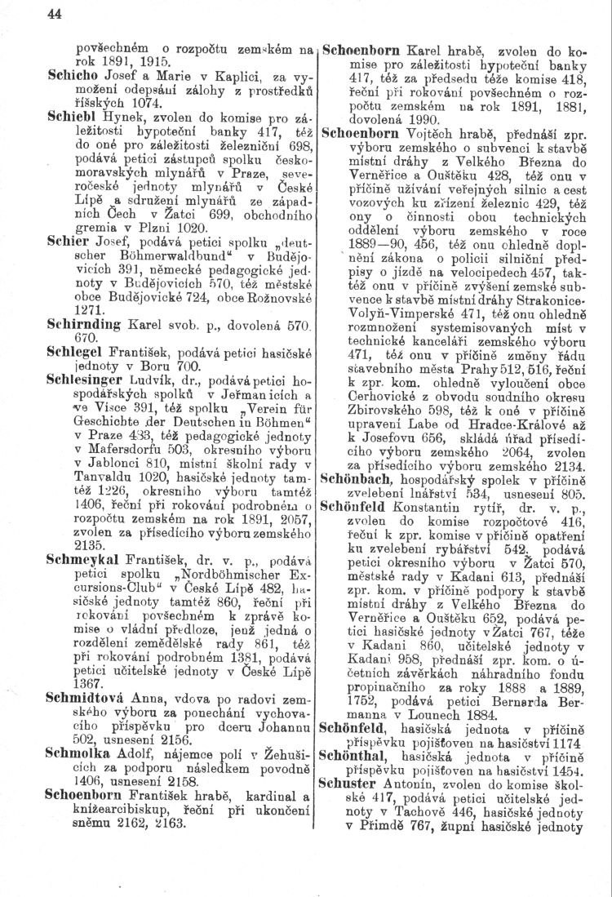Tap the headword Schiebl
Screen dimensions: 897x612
click(73, 115)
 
